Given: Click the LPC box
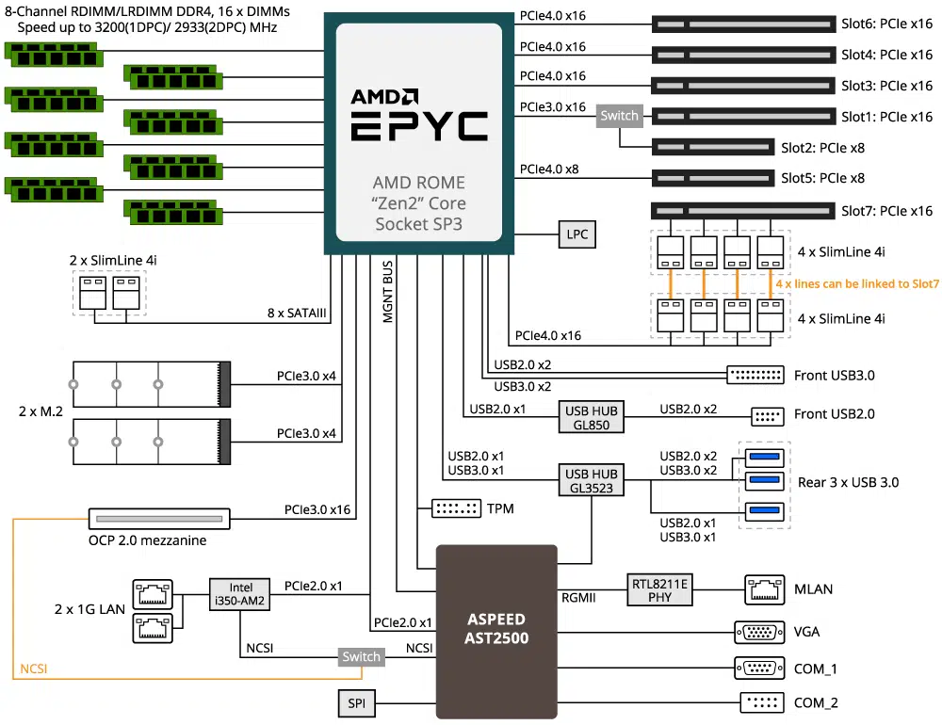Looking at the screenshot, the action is click(577, 234).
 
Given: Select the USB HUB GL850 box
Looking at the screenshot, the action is click(592, 417).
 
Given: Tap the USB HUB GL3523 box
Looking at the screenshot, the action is click(592, 480).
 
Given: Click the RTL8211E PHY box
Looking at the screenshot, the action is click(659, 589).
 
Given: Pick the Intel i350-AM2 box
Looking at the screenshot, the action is click(239, 594).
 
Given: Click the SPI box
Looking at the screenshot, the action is click(356, 702).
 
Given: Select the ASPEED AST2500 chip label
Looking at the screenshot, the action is click(496, 628).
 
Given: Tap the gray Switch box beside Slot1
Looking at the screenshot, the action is click(620, 116).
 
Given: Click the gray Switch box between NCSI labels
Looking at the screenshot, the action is click(361, 656).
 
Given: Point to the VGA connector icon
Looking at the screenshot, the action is click(759, 632).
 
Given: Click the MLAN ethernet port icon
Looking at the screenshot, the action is click(764, 589).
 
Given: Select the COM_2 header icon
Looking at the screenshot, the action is click(762, 702).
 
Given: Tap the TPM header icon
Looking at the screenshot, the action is click(457, 508).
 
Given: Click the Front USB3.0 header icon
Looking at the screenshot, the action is click(755, 376).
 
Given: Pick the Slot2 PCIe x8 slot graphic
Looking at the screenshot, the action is click(713, 147).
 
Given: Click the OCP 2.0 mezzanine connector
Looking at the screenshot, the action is click(159, 519).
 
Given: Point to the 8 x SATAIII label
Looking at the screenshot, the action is click(297, 313).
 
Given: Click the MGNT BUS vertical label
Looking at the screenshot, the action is click(388, 291).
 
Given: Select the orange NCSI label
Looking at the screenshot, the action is click(34, 669).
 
